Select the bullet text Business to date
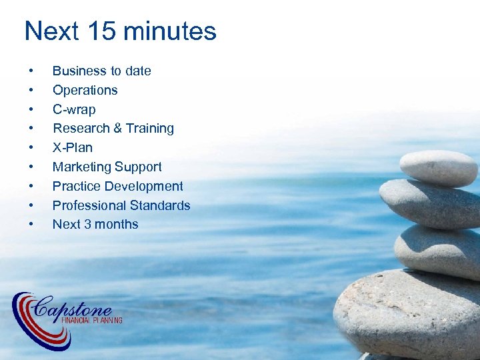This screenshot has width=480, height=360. click(x=101, y=71)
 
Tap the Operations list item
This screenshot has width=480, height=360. click(x=85, y=90)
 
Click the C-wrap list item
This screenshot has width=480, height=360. click(x=74, y=109)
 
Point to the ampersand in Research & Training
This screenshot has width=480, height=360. click(x=115, y=129)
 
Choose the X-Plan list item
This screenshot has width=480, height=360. click(x=72, y=147)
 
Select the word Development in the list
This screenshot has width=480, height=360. click(x=145, y=186)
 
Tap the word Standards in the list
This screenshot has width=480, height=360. click(x=161, y=205)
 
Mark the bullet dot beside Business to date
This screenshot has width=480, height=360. click(x=31, y=71)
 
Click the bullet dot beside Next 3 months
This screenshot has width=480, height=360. click(x=31, y=225)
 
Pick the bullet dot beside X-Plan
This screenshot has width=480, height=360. click(x=31, y=148)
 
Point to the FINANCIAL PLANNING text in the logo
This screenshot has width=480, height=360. click(x=91, y=321)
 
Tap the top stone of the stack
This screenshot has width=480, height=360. click(x=438, y=167)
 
